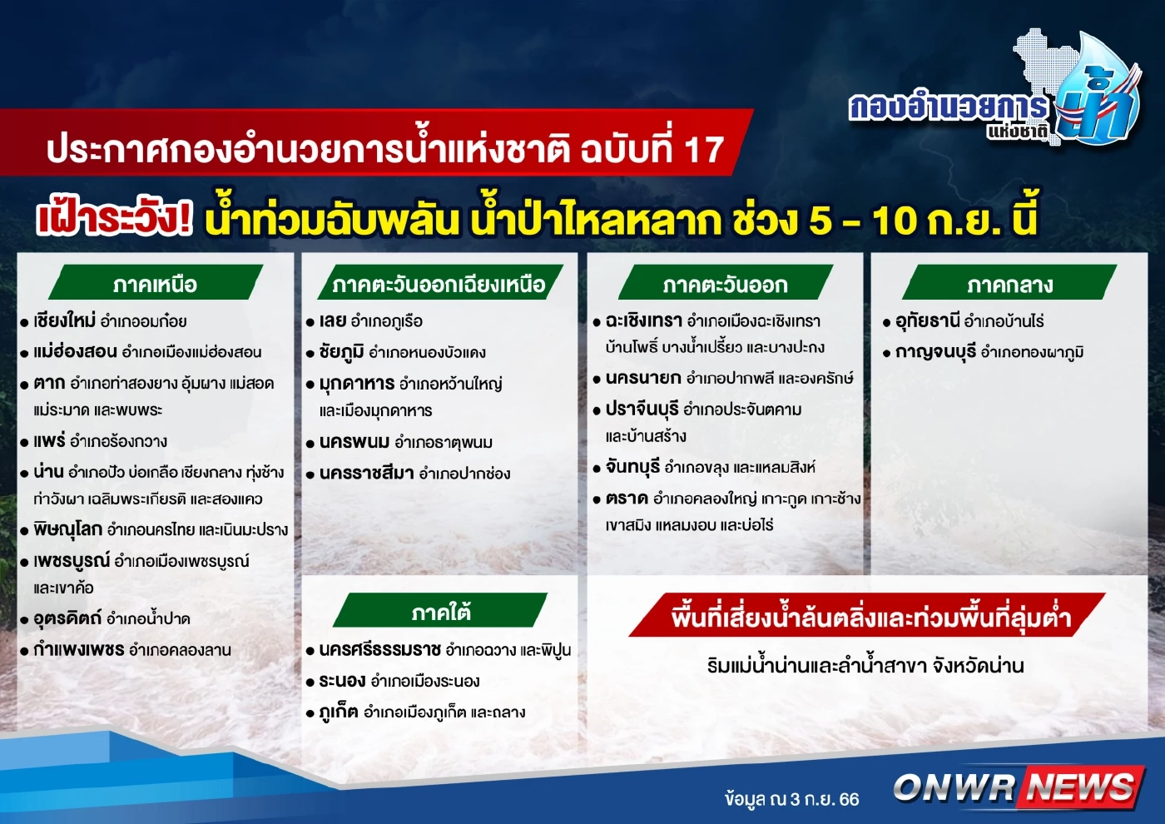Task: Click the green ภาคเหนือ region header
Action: click(x=156, y=284)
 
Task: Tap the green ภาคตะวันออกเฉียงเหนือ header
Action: click(x=439, y=284)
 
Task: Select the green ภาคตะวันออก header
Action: click(x=725, y=284)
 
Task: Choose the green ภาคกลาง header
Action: click(x=1009, y=284)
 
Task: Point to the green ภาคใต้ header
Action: click(x=440, y=613)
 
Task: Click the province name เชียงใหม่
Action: click(x=64, y=320)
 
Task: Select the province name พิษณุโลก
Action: click(x=67, y=529)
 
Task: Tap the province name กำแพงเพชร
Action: click(x=78, y=649)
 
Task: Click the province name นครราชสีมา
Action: click(x=366, y=473)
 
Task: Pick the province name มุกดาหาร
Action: click(x=356, y=383)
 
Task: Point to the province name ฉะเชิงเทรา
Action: click(x=643, y=320)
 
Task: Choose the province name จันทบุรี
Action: click(x=632, y=467)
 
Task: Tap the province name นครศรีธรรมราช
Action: click(x=379, y=649)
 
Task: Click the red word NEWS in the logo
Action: click(x=1079, y=787)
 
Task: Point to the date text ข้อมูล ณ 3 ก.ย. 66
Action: click(x=791, y=799)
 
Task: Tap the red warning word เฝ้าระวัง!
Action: click(x=114, y=219)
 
